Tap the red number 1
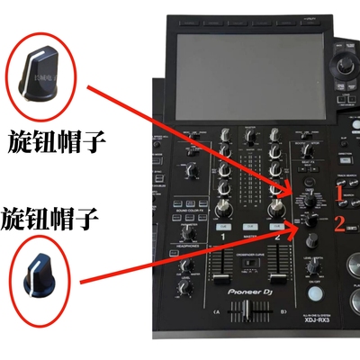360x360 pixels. tap(339, 192)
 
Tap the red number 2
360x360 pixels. tap(339, 222)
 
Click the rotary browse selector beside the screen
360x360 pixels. tap(346, 65)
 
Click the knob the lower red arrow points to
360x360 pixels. tap(309, 221)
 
